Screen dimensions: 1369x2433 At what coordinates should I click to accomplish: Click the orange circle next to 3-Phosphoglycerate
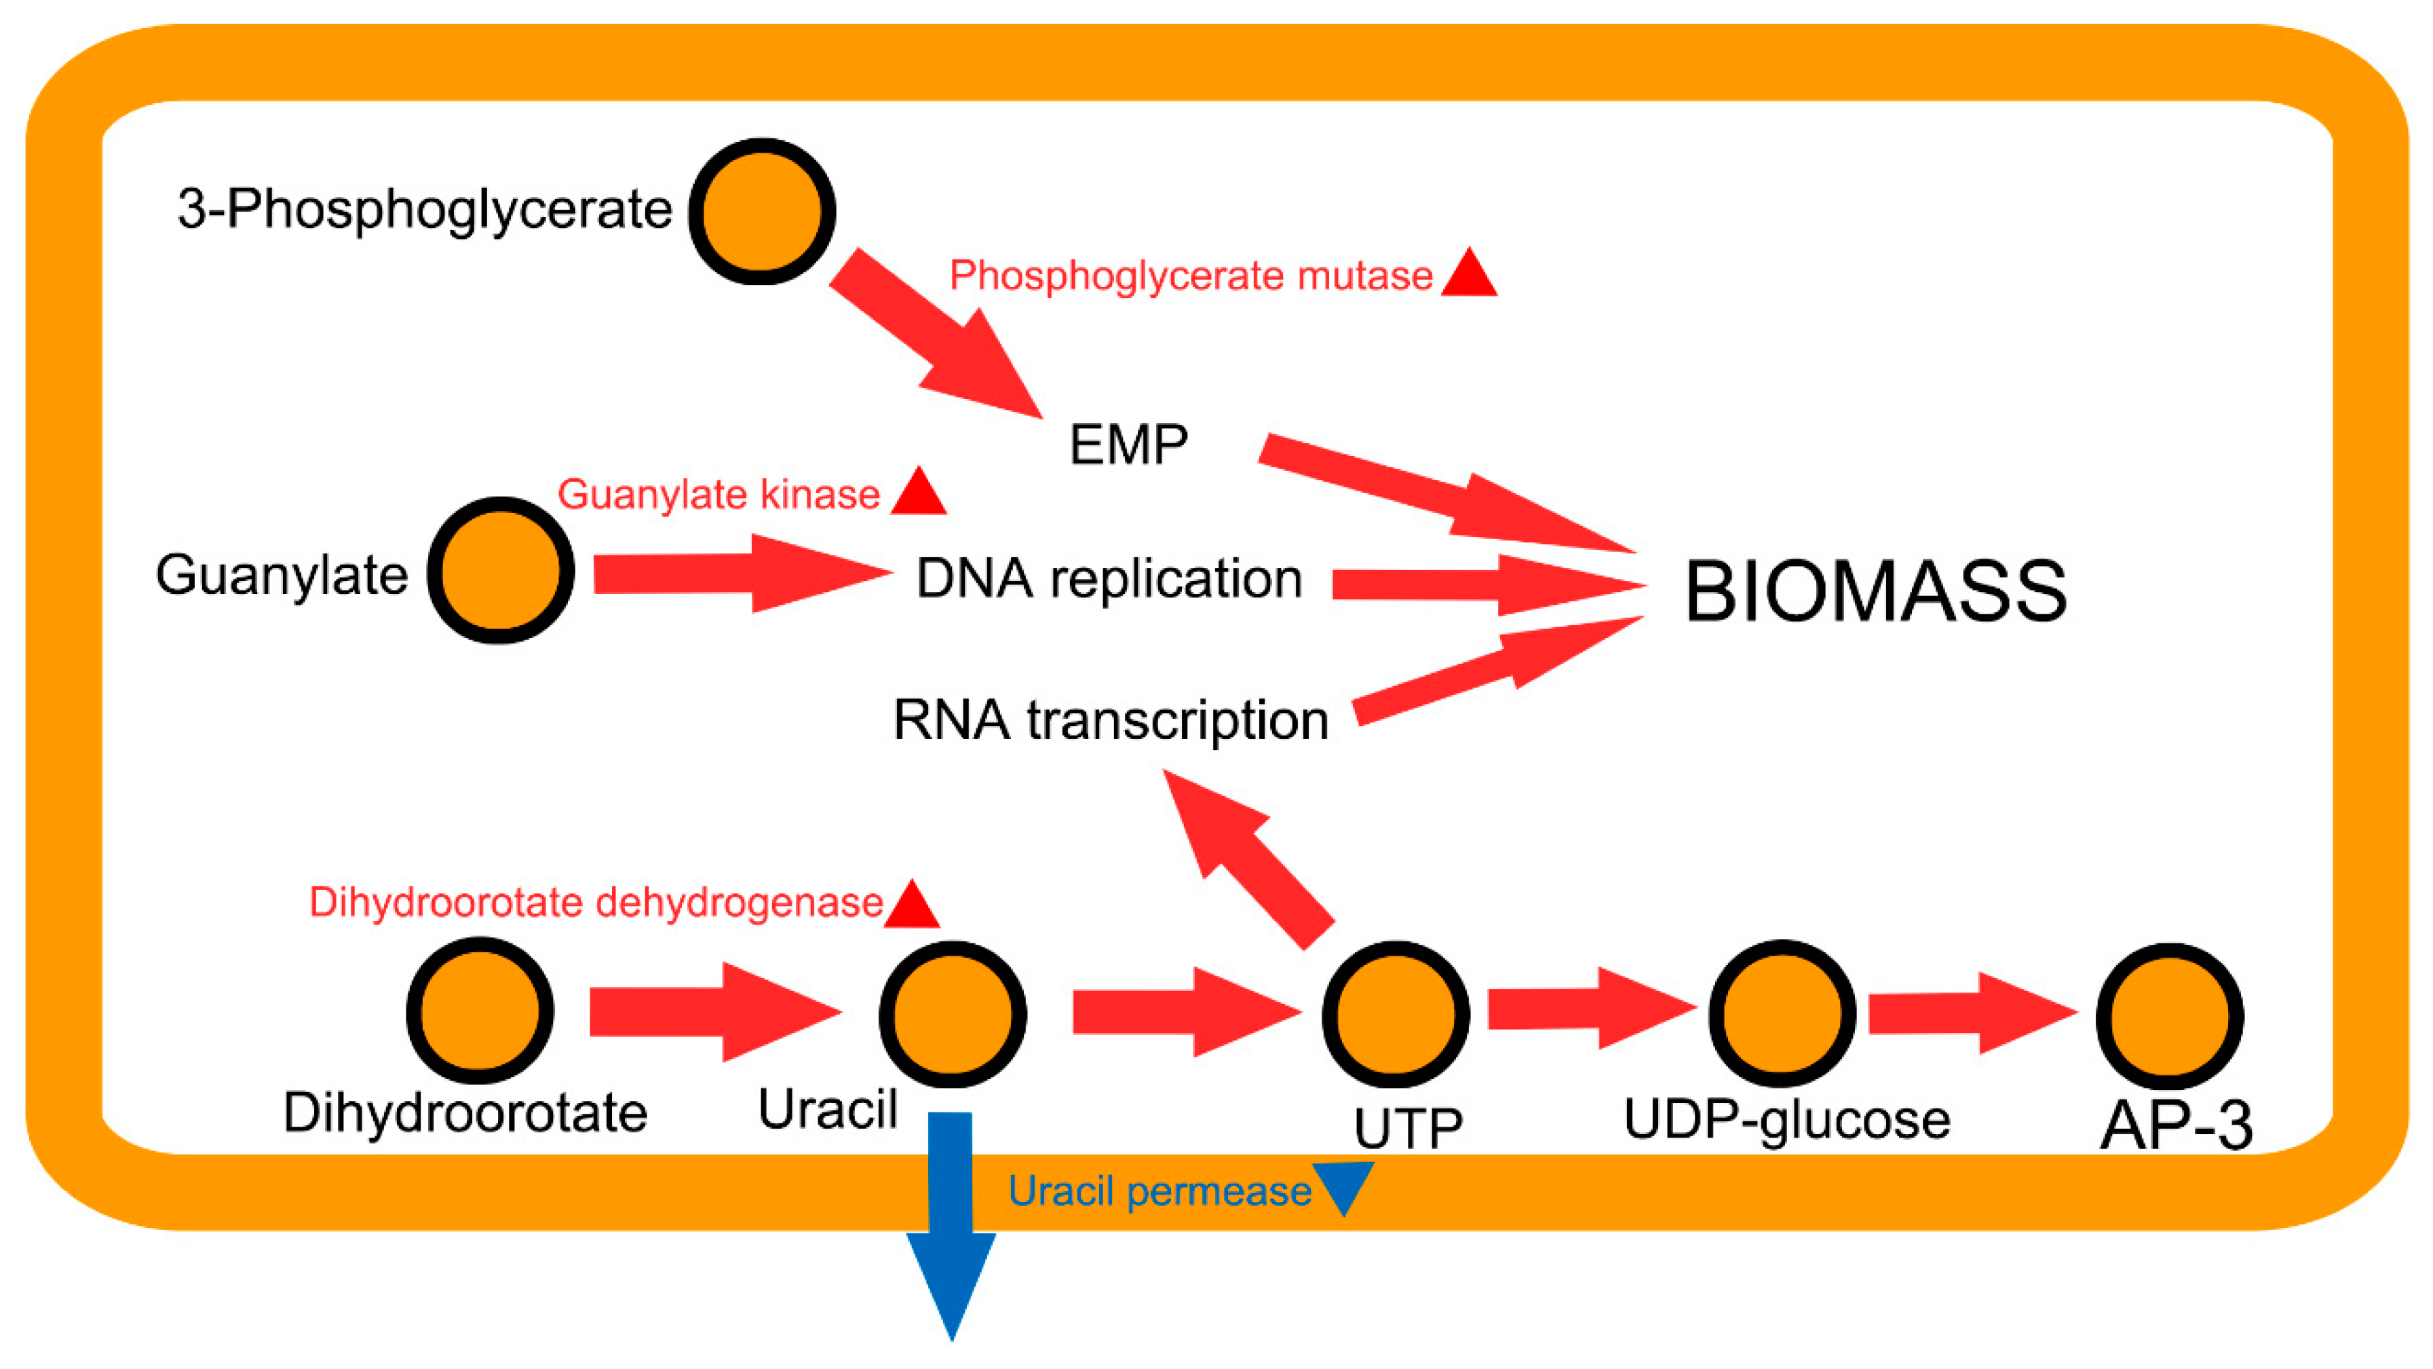761,212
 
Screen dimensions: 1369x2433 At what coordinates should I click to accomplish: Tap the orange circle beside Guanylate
501,571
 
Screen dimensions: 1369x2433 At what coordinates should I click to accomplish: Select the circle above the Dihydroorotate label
480,1010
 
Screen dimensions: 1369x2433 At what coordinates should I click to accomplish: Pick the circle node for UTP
1395,1014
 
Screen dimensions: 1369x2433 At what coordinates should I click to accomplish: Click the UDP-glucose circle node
1781,1013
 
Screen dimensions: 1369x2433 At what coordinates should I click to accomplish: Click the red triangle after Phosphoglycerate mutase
1469,276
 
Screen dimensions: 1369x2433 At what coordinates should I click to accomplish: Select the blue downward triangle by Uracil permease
1343,1186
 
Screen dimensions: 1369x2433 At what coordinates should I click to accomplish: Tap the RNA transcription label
1111,720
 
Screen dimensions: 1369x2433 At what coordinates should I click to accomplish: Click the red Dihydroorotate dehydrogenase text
596,902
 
